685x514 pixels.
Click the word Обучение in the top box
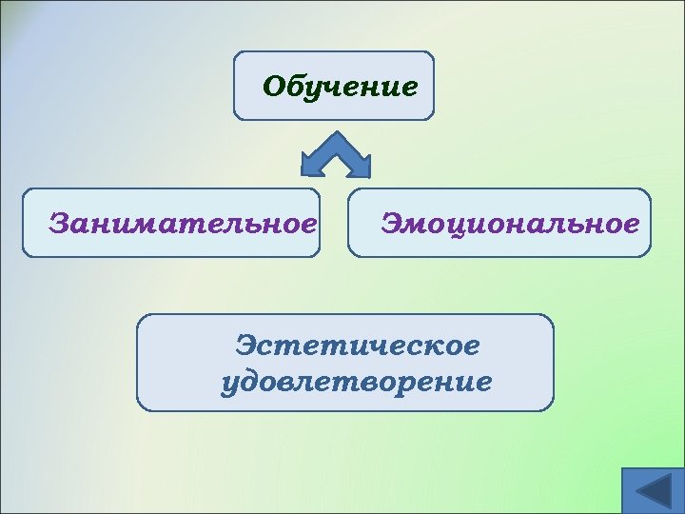[340, 87]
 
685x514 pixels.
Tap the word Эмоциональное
[510, 225]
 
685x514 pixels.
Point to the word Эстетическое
[358, 345]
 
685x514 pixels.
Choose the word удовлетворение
[356, 383]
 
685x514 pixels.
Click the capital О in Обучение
[275, 87]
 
